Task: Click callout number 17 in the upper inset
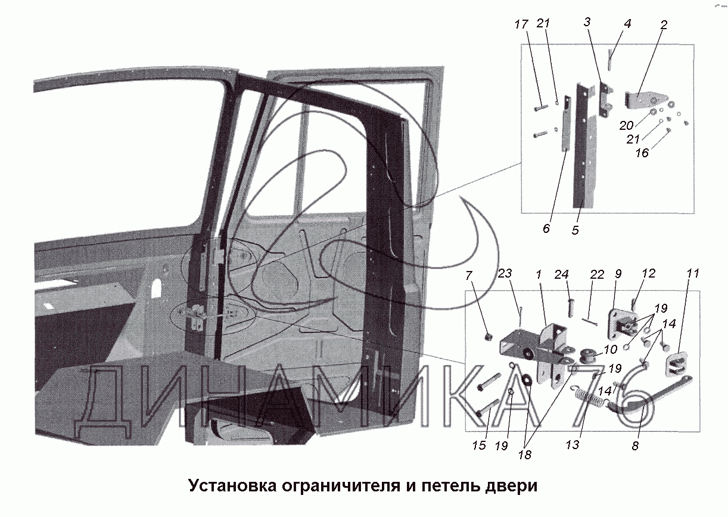[521, 24]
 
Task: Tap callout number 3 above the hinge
[587, 22]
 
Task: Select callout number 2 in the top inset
[664, 25]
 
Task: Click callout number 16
[642, 152]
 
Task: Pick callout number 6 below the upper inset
[547, 228]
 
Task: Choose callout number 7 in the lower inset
[469, 276]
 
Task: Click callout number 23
[505, 275]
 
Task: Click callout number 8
[635, 445]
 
